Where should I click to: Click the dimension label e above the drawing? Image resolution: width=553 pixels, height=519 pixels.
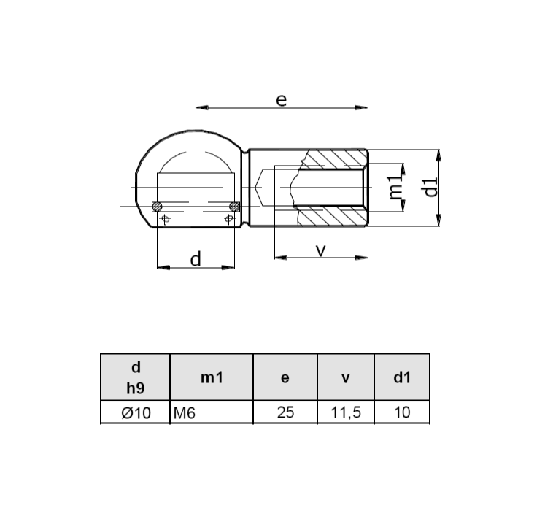[x=281, y=99]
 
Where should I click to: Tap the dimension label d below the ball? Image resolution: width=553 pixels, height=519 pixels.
[x=196, y=258]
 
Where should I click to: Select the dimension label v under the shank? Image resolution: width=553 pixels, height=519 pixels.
[x=320, y=250]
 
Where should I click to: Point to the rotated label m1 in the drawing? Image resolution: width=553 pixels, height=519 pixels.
[x=395, y=188]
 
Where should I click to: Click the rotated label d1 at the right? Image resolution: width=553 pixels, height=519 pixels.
[x=430, y=187]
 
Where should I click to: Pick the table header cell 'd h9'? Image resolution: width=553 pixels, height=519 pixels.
[x=135, y=377]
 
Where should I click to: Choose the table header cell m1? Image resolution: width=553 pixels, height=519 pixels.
[x=211, y=377]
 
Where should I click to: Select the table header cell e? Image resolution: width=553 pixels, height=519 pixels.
[x=285, y=377]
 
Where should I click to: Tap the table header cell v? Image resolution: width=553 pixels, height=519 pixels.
[x=346, y=377]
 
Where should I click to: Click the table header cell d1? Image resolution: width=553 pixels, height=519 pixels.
[x=402, y=377]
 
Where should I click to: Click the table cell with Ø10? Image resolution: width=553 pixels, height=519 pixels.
[x=135, y=412]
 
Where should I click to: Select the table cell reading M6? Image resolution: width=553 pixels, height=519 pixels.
[x=211, y=412]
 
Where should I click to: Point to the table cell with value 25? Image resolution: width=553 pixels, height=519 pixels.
[x=285, y=412]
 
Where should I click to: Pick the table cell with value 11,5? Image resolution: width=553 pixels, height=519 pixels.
[x=346, y=412]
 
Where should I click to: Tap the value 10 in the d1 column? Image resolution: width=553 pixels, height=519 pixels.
[x=402, y=412]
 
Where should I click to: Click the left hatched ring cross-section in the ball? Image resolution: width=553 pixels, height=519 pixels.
[x=157, y=207]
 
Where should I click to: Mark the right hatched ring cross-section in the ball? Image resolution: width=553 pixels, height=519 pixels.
[x=234, y=207]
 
